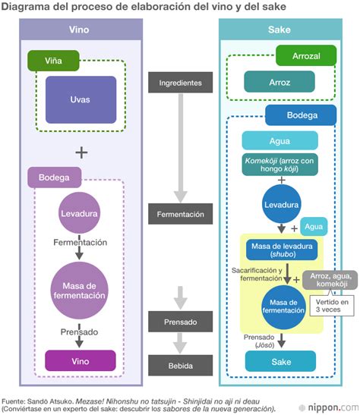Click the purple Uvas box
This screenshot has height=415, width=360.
pos(81,100)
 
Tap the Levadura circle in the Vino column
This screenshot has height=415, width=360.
pos(80,215)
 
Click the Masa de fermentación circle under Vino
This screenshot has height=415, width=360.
pos(80,288)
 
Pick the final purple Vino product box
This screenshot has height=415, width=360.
pos(80,360)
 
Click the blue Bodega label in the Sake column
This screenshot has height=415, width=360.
pos(301,116)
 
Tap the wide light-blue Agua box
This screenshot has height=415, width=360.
pos(280,140)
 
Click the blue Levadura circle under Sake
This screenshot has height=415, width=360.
pos(280,204)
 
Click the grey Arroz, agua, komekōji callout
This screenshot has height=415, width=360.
pos(329,281)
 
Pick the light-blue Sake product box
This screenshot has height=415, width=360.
pos(280,362)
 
